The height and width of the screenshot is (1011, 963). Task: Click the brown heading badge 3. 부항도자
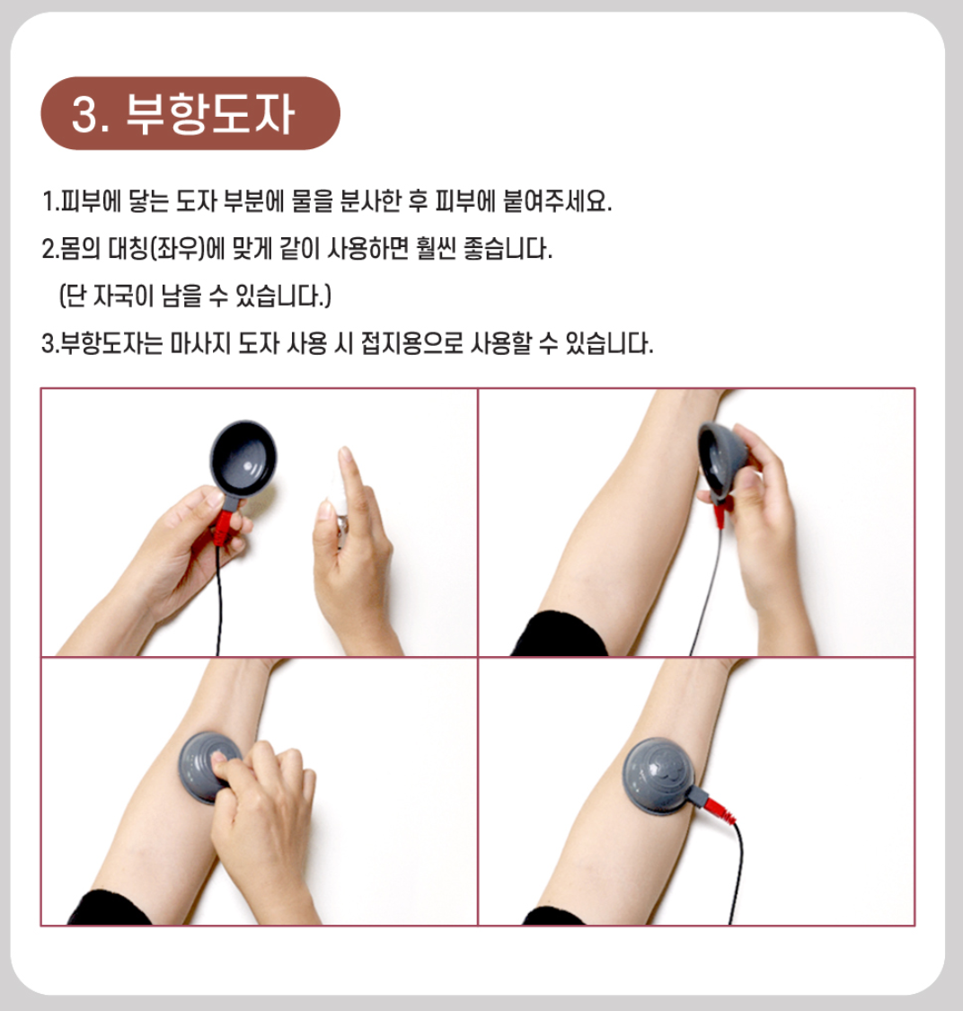pyautogui.click(x=190, y=113)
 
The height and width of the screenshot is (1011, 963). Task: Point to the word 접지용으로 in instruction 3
pyautogui.click(x=412, y=343)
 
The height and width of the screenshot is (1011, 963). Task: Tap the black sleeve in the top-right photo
pyautogui.click(x=559, y=635)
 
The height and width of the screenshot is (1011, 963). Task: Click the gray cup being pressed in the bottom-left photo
pyautogui.click(x=208, y=767)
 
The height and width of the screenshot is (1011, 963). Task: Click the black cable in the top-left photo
pyautogui.click(x=218, y=599)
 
